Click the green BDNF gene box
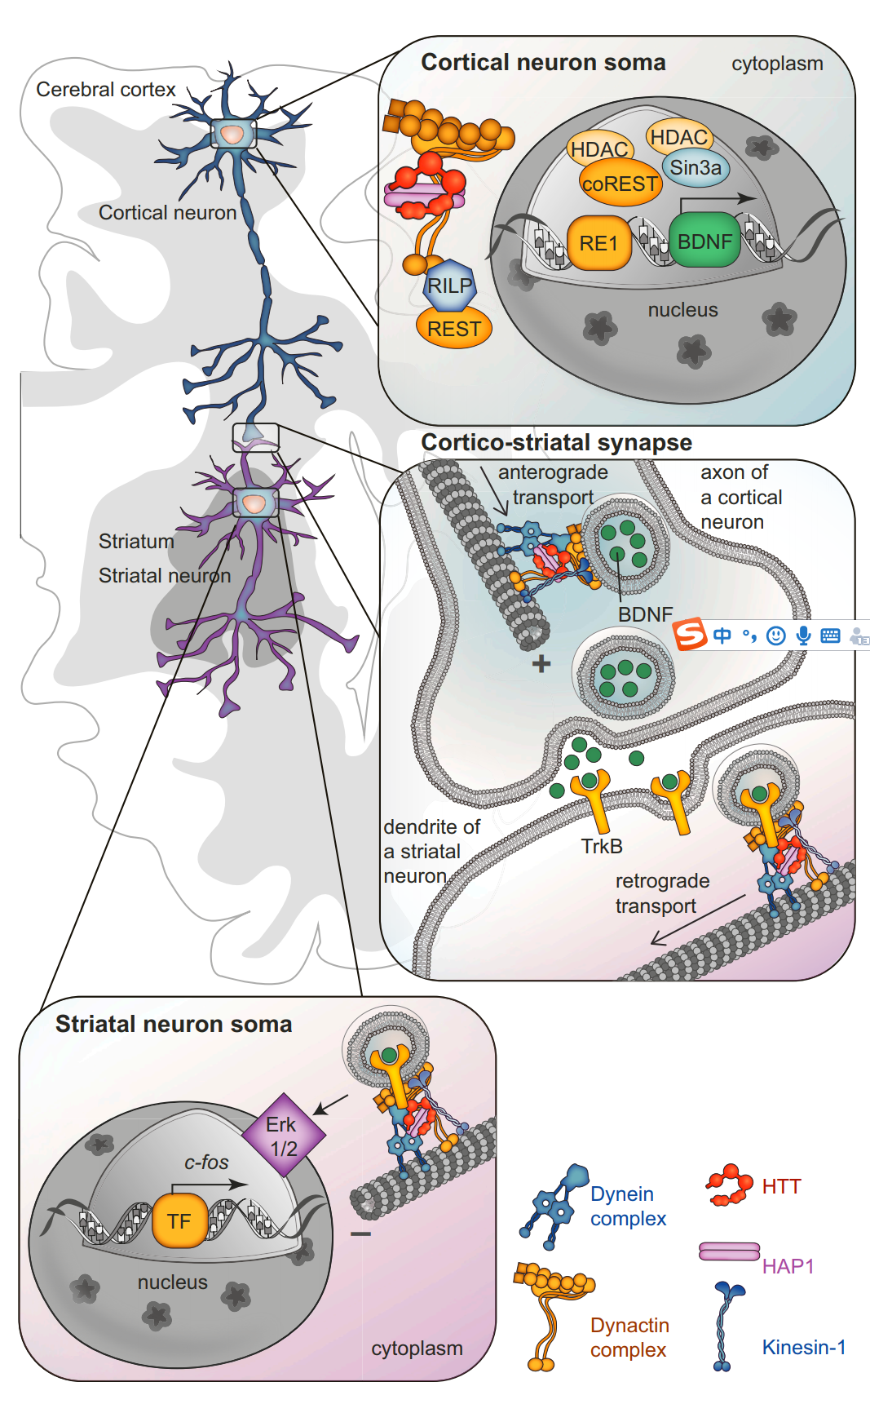[704, 241]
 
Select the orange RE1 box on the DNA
[598, 243]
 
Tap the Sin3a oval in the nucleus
[696, 168]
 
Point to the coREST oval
[620, 184]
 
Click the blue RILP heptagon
[449, 286]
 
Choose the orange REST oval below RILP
[454, 329]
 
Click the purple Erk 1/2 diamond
[283, 1136]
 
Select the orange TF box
[179, 1221]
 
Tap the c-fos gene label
[206, 1162]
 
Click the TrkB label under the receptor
[602, 846]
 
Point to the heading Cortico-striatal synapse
[556, 442]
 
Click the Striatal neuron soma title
[174, 1024]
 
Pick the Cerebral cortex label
[106, 89]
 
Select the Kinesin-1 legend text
[804, 1347]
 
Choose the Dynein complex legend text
[628, 1206]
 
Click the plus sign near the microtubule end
[541, 664]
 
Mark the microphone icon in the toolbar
[804, 636]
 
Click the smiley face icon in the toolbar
[776, 636]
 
